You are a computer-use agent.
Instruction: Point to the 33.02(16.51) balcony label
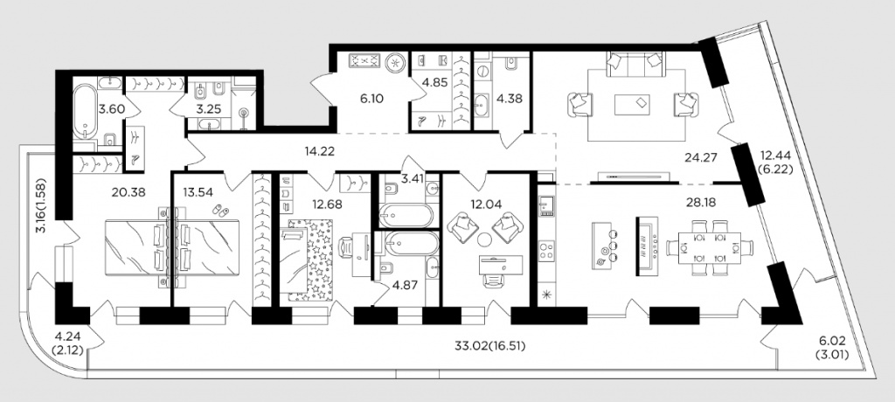[489, 345]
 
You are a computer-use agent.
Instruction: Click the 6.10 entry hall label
[372, 98]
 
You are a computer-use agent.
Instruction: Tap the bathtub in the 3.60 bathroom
[87, 111]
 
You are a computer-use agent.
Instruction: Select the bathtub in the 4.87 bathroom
[412, 244]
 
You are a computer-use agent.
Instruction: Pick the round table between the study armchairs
[485, 239]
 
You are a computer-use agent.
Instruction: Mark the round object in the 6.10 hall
[394, 62]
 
